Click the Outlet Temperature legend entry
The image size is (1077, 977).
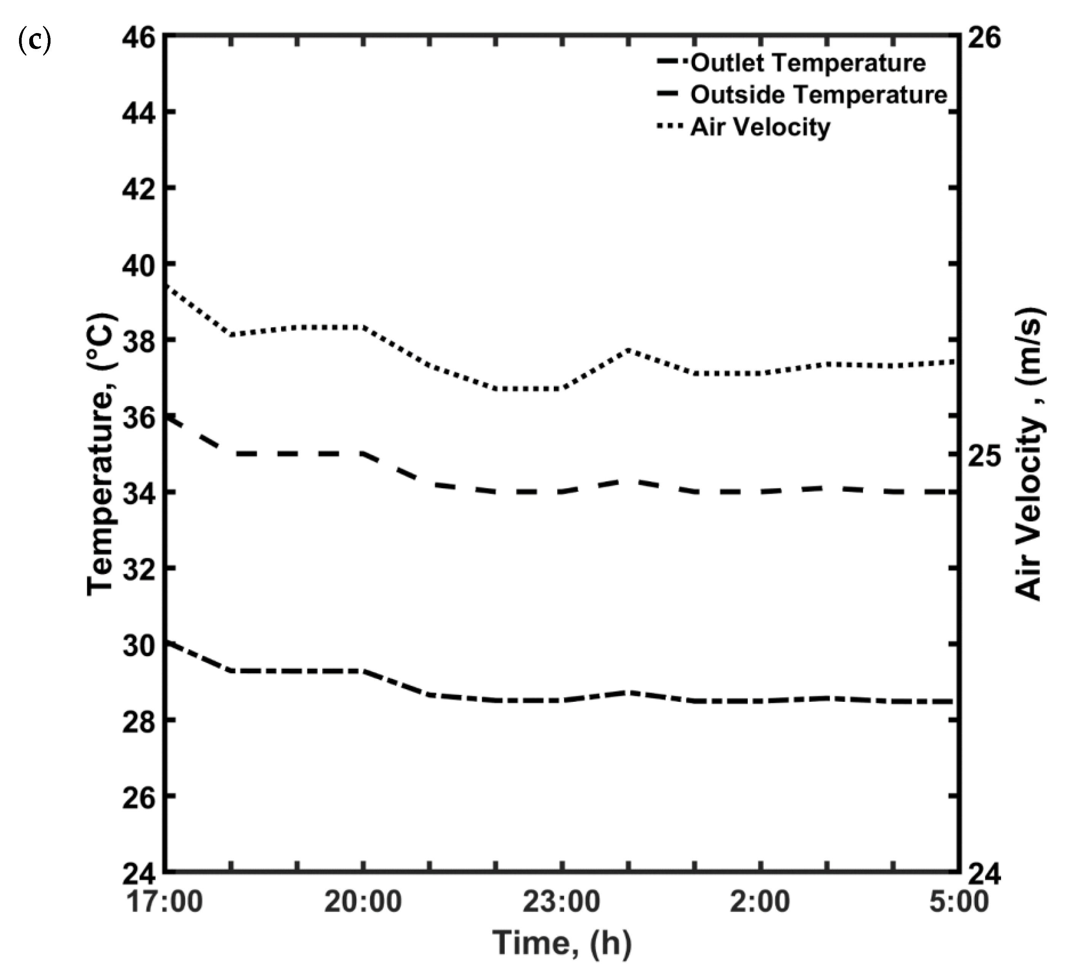807,63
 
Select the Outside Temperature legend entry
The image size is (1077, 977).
818,95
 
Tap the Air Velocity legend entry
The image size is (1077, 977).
760,127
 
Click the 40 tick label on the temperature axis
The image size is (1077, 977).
138,266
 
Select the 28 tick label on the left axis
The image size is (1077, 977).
138,722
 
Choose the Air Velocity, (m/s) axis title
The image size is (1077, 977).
1028,454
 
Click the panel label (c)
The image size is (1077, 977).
35,41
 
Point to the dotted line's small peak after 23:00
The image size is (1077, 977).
629,350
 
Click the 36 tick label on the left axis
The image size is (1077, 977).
138,418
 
